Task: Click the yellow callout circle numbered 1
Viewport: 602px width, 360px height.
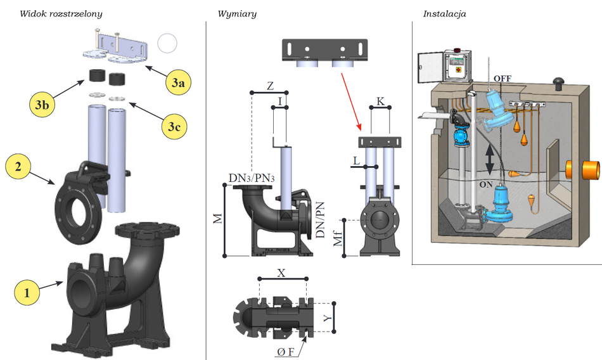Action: pos(27,293)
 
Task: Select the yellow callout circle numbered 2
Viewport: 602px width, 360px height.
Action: pos(18,167)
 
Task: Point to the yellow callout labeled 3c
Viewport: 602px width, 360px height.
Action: pos(174,127)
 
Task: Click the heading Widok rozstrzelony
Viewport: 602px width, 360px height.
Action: pos(61,13)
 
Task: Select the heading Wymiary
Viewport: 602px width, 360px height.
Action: pos(236,13)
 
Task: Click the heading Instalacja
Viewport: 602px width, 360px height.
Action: pos(444,13)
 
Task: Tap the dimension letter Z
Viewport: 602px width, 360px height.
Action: pos(270,85)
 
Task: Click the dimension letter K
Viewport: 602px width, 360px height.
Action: pos(380,101)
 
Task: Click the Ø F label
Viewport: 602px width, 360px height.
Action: pos(285,352)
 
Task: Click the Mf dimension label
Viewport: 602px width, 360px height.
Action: pos(338,238)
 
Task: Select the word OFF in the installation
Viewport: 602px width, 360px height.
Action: pos(503,79)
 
